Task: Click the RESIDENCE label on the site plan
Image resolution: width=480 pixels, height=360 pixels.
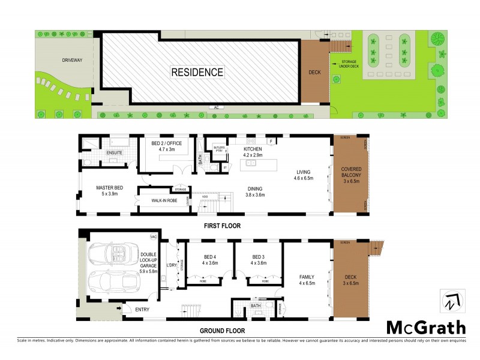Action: coord(197,73)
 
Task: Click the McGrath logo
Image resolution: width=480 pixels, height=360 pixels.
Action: coord(425,327)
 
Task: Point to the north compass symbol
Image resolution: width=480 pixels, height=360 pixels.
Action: coord(449,302)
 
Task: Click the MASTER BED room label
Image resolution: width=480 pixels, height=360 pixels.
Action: coord(109,190)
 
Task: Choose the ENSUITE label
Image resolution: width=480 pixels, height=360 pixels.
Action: coord(115,153)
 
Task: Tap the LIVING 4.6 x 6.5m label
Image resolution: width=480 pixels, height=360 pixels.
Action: coord(304,174)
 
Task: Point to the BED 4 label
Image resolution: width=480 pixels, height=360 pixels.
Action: coord(209,258)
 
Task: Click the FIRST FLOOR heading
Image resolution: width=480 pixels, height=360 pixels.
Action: coord(222,226)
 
